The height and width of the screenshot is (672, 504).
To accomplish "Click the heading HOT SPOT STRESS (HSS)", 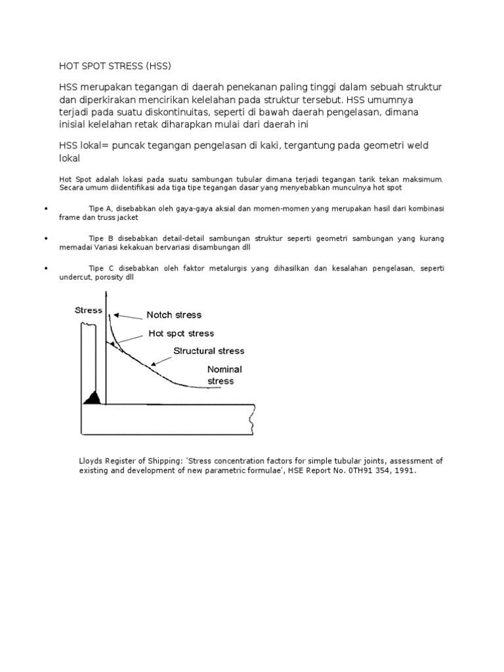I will point(115,66).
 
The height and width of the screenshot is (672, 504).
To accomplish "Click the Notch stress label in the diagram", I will point(174,315).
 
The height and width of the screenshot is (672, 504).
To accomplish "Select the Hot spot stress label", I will point(181,333).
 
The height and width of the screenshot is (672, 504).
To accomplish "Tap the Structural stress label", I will point(209,351).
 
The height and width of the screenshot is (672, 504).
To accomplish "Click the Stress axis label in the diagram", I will point(89,310).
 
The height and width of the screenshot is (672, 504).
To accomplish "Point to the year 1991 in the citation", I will point(405,471).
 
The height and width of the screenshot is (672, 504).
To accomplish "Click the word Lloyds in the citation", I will point(91,461).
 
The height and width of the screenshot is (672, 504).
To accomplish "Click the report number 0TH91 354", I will point(364,471).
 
